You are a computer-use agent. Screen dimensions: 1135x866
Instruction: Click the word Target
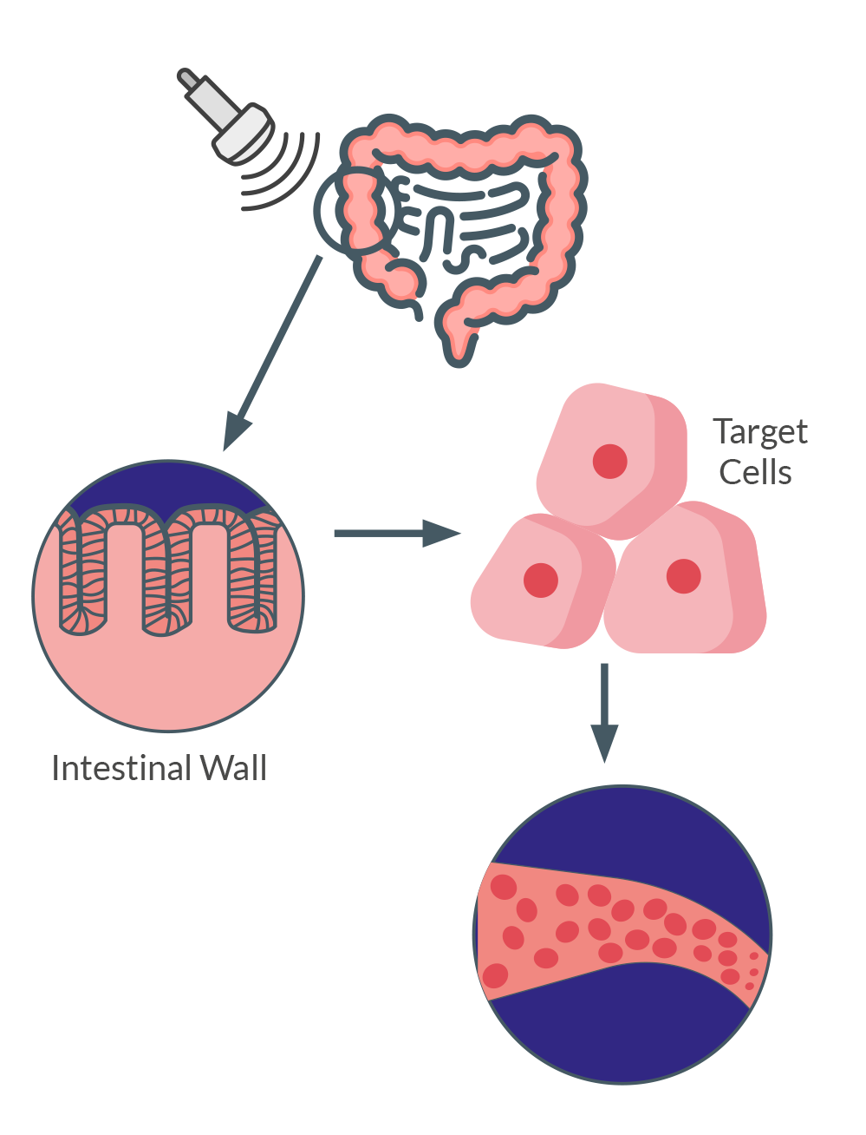[x=759, y=431]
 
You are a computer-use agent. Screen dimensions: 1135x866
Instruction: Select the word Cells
[x=755, y=473]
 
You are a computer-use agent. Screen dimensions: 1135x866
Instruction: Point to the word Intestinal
[x=121, y=769]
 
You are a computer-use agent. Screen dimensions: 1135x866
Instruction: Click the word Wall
[x=233, y=769]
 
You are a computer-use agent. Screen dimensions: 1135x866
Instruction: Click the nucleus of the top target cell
[x=610, y=462]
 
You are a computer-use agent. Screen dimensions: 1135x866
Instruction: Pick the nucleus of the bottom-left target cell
[x=541, y=580]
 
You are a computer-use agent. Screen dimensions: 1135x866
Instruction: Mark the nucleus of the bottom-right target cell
[x=683, y=576]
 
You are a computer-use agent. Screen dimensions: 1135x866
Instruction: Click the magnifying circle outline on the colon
[x=322, y=217]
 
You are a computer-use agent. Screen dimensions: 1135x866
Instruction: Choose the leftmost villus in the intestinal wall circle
[x=82, y=573]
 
